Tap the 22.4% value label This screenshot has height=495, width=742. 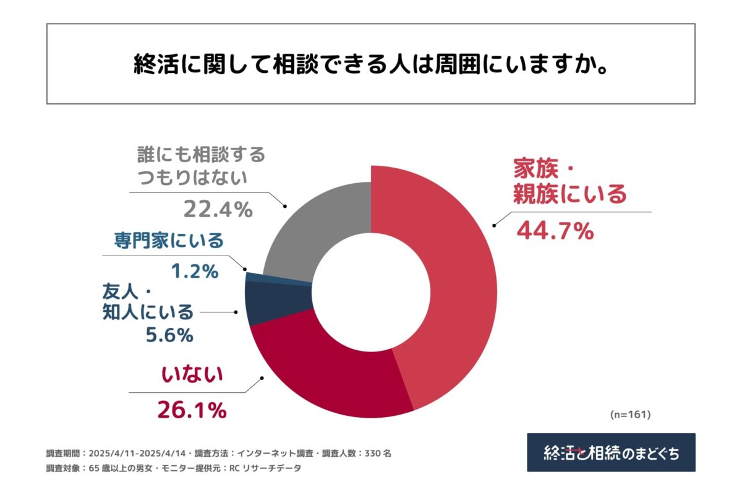[218, 210]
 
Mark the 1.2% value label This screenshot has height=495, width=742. [194, 270]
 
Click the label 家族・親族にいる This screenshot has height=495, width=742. [569, 182]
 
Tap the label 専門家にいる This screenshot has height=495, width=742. [168, 240]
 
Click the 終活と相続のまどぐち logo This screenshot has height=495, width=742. [611, 452]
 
